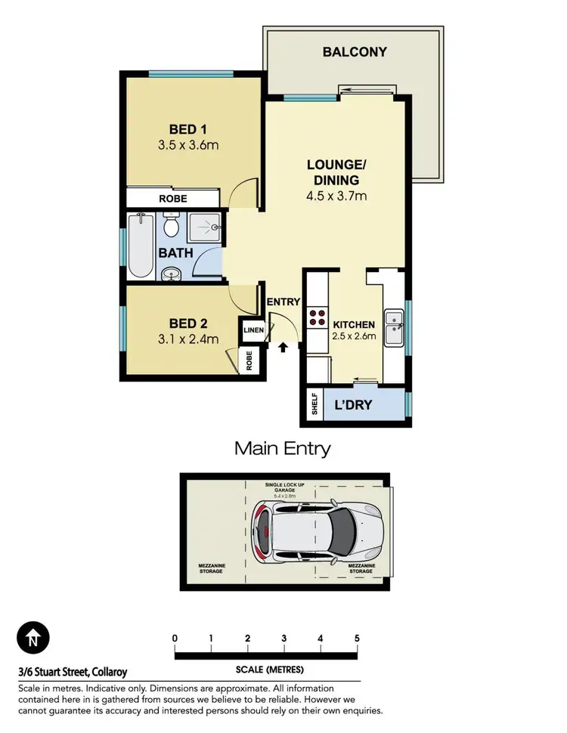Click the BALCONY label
pyautogui.click(x=355, y=52)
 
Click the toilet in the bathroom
pyautogui.click(x=171, y=224)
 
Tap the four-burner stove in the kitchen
pyautogui.click(x=317, y=318)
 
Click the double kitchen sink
pyautogui.click(x=394, y=328)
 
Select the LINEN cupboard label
pyautogui.click(x=252, y=330)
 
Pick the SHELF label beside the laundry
pyautogui.click(x=314, y=404)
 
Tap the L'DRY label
pyautogui.click(x=353, y=405)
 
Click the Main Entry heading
pyautogui.click(x=283, y=448)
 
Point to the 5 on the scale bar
pyautogui.click(x=357, y=638)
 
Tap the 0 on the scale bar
pyautogui.click(x=175, y=638)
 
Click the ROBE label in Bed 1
pyautogui.click(x=172, y=199)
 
